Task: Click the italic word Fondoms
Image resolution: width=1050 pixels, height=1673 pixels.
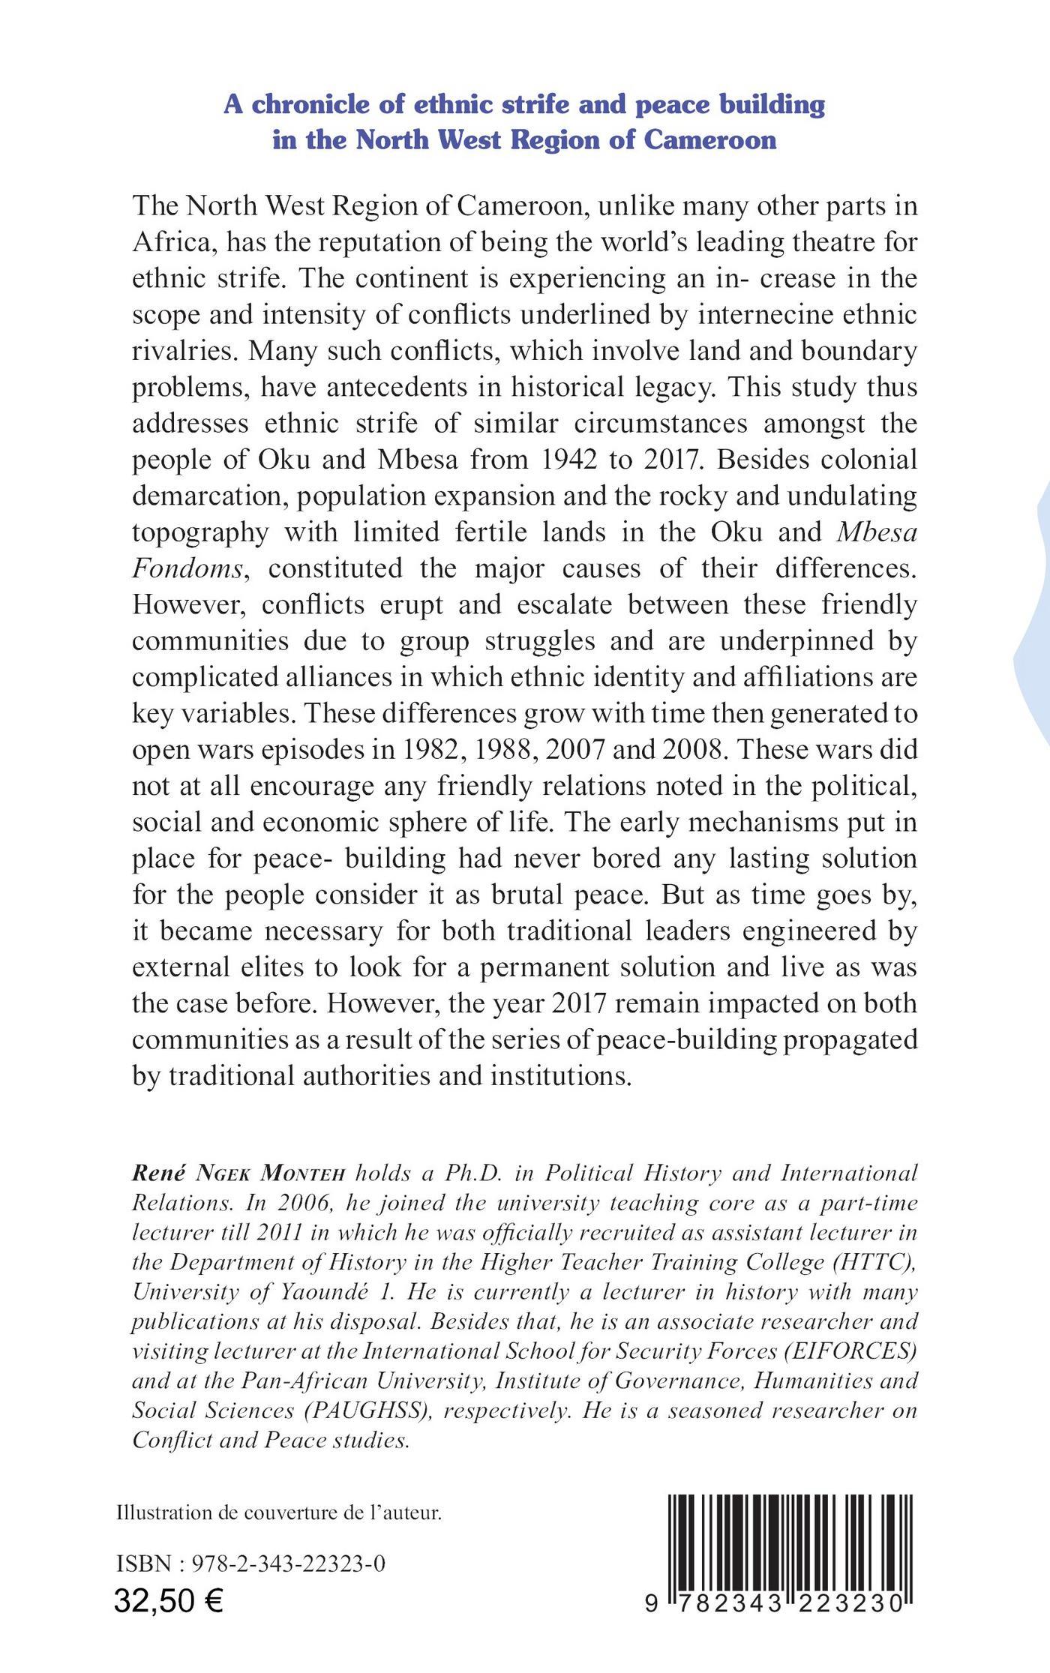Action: click(188, 568)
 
